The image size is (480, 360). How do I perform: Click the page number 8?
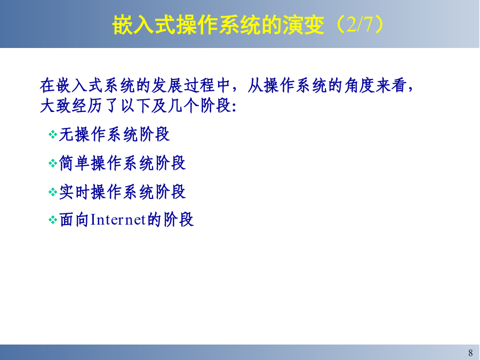(x=470, y=353)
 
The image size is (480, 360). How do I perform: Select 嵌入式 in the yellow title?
(x=144, y=25)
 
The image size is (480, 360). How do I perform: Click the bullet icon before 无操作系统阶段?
(x=53, y=134)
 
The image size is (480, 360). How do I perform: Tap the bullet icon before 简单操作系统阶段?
(x=53, y=163)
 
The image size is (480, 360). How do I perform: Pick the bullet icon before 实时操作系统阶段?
(x=53, y=192)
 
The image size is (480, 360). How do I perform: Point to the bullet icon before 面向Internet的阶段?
(x=53, y=220)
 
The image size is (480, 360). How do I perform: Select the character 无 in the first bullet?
(x=67, y=134)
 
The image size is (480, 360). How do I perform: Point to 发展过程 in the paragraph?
(x=183, y=85)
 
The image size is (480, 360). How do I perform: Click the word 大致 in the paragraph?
(x=55, y=106)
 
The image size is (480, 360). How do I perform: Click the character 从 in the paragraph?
(x=255, y=85)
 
